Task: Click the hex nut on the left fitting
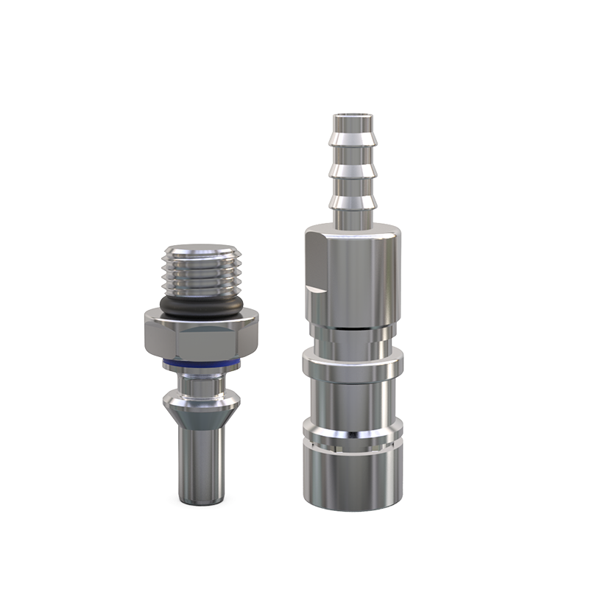click(x=200, y=335)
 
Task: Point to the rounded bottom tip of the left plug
click(x=200, y=501)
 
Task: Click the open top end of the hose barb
click(x=353, y=117)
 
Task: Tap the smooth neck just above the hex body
click(x=353, y=215)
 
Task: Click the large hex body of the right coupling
click(x=353, y=272)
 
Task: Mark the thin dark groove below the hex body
click(x=353, y=325)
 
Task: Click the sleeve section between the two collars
click(x=353, y=401)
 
